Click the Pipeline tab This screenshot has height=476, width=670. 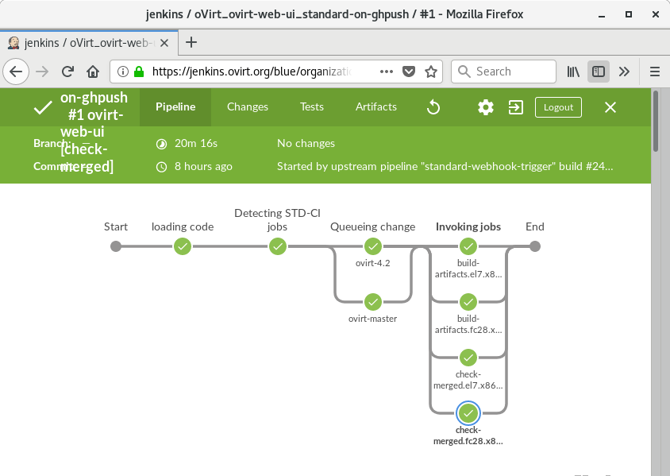[x=175, y=107]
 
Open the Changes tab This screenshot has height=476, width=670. [x=248, y=107]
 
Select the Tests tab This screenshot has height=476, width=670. [x=312, y=107]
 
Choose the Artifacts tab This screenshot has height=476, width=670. [x=376, y=107]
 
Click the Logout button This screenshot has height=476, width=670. [x=558, y=107]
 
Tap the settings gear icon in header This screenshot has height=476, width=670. [x=486, y=107]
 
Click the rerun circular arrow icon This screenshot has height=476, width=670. [x=433, y=107]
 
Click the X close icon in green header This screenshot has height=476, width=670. [x=610, y=107]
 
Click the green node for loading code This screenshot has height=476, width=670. [x=183, y=246]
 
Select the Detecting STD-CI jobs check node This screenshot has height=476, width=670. [x=278, y=246]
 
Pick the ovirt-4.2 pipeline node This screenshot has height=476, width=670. [x=373, y=246]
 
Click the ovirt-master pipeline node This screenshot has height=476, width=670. [x=373, y=302]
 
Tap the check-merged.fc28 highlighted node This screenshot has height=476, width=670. [x=468, y=413]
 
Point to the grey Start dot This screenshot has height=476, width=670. [x=116, y=246]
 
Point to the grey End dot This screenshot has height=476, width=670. [x=535, y=246]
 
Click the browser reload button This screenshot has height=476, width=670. [x=67, y=72]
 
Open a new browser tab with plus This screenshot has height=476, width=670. [x=191, y=42]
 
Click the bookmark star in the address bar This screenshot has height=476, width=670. [x=431, y=72]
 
